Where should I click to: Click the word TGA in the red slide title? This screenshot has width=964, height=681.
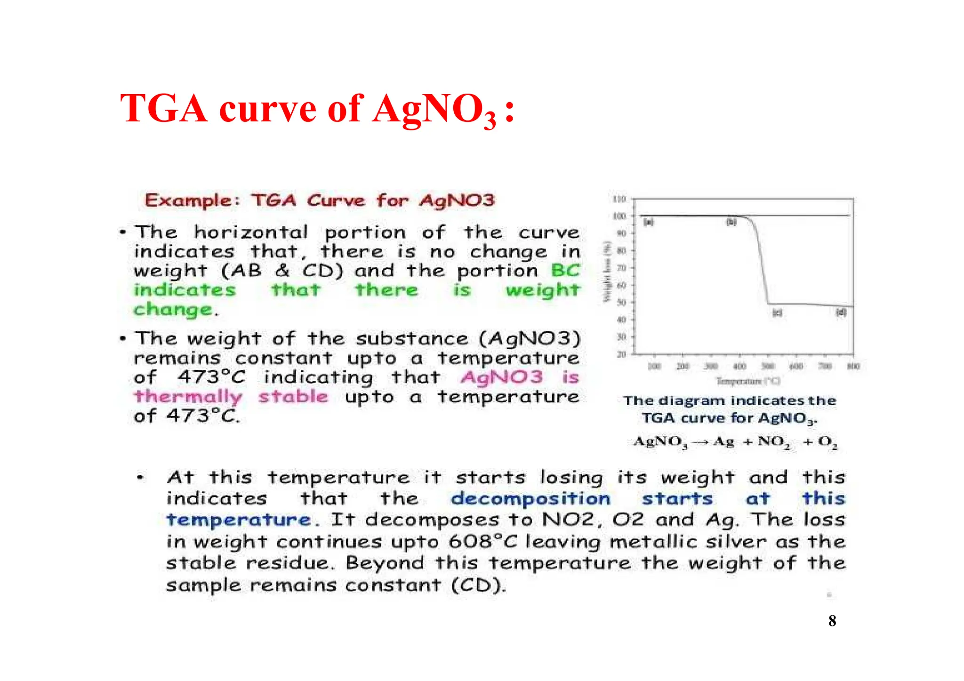[x=163, y=109]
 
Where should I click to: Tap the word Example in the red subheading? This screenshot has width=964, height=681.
[x=188, y=200]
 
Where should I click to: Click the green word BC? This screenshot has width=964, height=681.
[x=565, y=271]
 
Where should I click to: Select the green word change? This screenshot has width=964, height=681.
[x=173, y=310]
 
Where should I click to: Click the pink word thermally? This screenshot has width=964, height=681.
[x=188, y=397]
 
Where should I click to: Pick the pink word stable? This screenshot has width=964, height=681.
[x=293, y=397]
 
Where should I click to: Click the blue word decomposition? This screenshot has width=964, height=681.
[x=530, y=499]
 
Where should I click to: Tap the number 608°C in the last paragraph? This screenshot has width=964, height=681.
[x=482, y=542]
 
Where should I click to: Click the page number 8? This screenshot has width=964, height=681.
[x=832, y=621]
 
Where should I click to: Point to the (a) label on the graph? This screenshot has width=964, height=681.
[x=648, y=222]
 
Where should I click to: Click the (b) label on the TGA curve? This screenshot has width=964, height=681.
[x=731, y=222]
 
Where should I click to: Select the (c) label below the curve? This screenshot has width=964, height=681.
[x=777, y=312]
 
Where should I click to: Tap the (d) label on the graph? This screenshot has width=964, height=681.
[x=841, y=312]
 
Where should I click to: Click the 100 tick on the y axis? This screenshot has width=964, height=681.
[x=619, y=216]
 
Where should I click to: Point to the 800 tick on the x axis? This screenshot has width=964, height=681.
[x=853, y=366]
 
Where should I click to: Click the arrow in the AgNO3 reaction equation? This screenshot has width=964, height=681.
[x=700, y=442]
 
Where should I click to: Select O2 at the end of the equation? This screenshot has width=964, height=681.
[x=827, y=442]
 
